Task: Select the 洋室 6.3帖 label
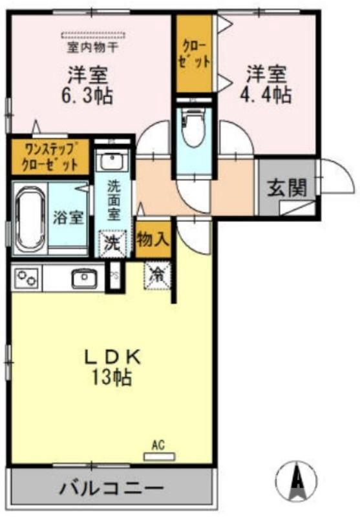coord(87,85)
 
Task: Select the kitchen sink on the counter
coord(83,279)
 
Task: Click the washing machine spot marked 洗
coord(112,244)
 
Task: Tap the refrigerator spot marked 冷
coord(157,274)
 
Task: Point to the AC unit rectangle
coord(158,456)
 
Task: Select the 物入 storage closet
coord(153,240)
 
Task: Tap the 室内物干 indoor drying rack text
coord(92,47)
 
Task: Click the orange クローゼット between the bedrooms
coord(196,54)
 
